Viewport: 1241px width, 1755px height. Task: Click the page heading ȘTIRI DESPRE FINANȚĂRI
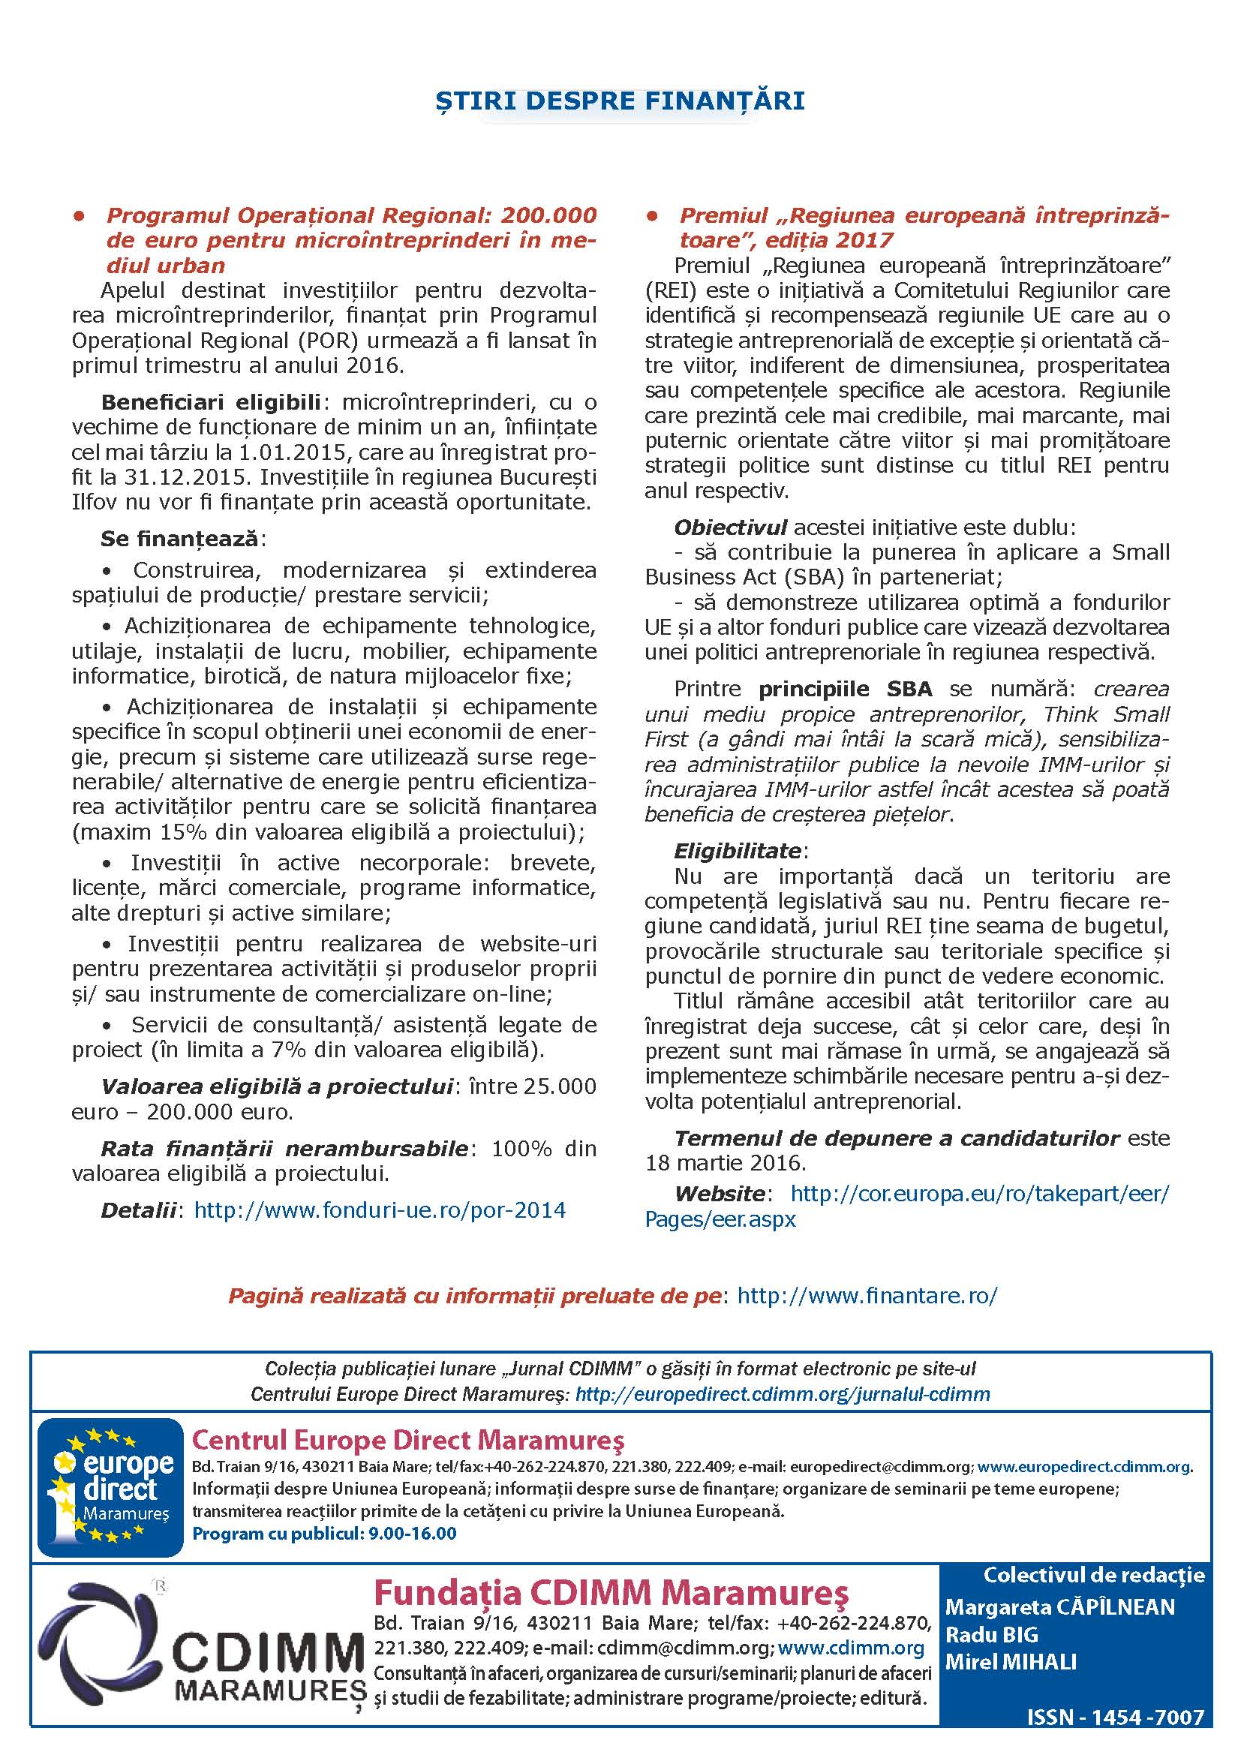tap(620, 101)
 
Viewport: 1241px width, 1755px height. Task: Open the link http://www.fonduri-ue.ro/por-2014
tap(380, 1210)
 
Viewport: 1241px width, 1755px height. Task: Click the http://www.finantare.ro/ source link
tap(867, 1296)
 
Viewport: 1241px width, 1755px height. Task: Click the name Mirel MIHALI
tap(1010, 1662)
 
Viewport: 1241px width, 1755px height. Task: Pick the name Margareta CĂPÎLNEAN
tap(1059, 1606)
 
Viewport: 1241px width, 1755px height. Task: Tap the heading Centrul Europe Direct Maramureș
tap(407, 1440)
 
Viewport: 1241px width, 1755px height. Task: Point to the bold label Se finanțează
tap(179, 539)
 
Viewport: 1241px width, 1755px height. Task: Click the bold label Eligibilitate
tap(738, 851)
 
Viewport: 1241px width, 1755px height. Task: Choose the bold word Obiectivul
tap(730, 527)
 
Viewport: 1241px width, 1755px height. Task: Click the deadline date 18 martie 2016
tap(725, 1164)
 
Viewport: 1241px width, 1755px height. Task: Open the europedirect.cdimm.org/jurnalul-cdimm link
tap(782, 1394)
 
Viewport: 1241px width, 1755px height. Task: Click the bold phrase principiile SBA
tap(845, 689)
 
